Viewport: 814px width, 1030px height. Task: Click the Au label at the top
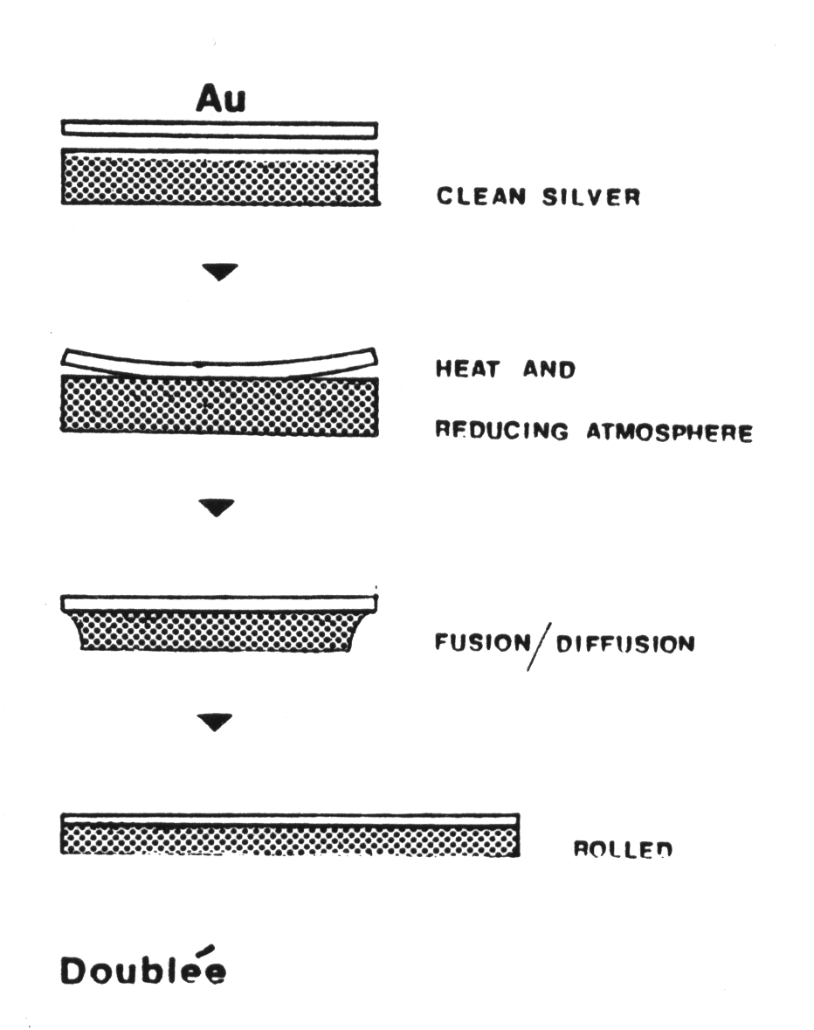220,100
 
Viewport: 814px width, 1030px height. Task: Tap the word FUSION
482,645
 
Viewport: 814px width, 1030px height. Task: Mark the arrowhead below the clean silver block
218,273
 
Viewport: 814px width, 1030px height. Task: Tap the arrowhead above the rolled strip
217,721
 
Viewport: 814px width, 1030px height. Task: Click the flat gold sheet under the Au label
219,129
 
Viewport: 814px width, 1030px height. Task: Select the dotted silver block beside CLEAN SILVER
219,177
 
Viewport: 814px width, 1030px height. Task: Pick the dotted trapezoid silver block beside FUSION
219,632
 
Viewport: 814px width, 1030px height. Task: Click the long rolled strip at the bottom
290,835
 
